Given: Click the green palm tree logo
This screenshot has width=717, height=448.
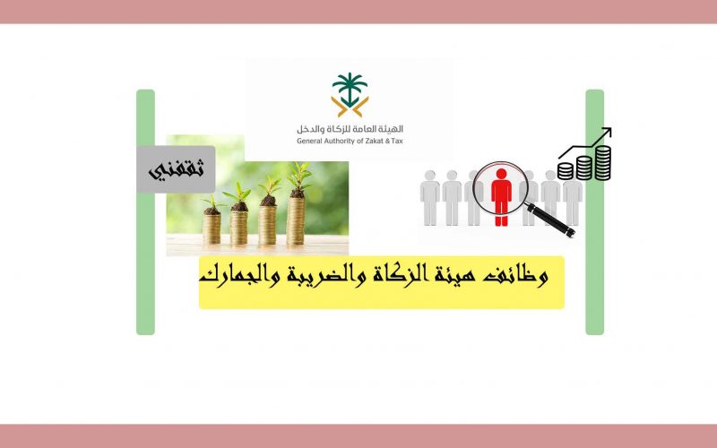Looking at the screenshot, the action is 350,95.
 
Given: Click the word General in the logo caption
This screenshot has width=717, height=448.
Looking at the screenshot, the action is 308,141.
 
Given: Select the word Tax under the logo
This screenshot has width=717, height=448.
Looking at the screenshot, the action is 397,141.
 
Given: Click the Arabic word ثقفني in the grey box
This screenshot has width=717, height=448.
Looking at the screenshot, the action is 176,170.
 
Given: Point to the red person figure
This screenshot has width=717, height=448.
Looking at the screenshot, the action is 501,197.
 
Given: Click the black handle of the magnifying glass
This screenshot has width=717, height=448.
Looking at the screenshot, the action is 550,220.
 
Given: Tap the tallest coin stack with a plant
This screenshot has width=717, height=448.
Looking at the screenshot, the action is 296,220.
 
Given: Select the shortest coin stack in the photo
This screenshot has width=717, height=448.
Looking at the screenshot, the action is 212,228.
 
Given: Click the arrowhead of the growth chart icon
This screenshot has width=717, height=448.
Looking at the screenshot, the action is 607,132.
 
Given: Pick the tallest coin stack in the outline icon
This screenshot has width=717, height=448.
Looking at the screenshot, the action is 602,162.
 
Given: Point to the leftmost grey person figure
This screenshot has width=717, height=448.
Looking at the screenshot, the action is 430,197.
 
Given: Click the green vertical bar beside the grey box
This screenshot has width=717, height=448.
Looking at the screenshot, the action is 145,212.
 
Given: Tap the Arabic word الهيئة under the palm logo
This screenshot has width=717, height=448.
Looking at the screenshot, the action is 392,129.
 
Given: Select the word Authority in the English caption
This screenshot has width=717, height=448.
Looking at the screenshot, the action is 339,141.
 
